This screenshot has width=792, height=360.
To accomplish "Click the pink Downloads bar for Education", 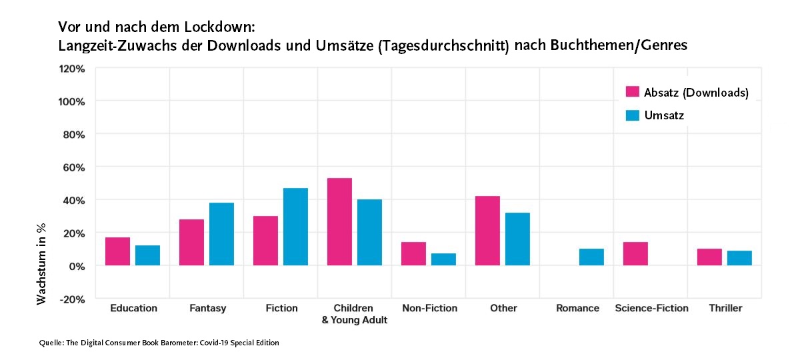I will (x=117, y=251).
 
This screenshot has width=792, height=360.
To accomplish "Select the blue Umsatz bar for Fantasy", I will (x=221, y=234).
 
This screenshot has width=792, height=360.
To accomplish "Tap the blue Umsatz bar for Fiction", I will (x=295, y=227).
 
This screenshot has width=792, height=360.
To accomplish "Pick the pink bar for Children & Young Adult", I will (x=339, y=222).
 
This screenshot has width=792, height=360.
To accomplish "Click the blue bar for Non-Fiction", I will (x=443, y=259).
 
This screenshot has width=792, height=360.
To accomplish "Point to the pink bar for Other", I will (x=487, y=231).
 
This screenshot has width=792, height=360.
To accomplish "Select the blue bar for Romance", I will (x=591, y=257).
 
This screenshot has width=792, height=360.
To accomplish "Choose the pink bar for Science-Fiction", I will (x=635, y=254).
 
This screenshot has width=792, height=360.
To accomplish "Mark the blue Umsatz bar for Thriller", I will (x=739, y=258).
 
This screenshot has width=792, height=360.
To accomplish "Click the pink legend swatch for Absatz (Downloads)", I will (x=633, y=92).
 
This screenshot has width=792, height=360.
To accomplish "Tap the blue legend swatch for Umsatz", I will (x=633, y=115).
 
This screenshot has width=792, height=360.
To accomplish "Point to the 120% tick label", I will (x=72, y=69).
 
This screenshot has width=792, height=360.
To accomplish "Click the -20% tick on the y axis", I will (x=72, y=299).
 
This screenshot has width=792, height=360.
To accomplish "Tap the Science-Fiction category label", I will (x=651, y=308).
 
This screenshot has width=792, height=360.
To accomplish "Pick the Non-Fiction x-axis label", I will (x=430, y=308).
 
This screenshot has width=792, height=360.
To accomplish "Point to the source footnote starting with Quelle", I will (x=159, y=343).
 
